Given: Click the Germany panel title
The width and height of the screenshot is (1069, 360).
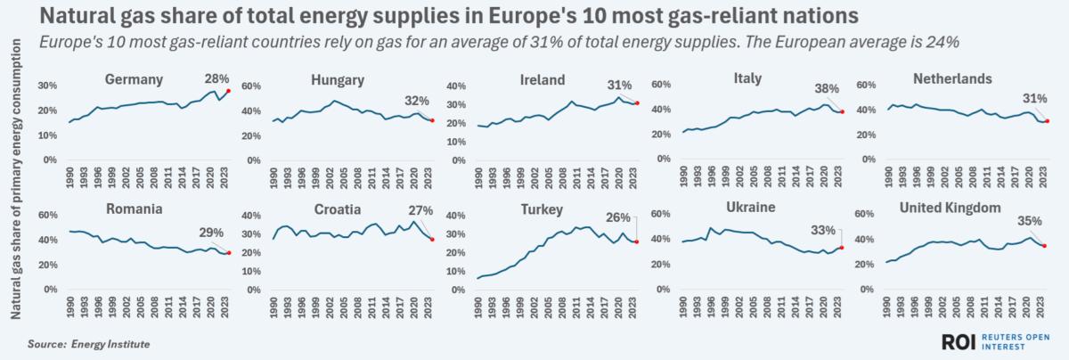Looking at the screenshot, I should (x=134, y=79).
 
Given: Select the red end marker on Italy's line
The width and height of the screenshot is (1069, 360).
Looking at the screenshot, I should (x=842, y=111).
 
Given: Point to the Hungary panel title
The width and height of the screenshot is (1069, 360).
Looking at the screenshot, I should (x=336, y=80).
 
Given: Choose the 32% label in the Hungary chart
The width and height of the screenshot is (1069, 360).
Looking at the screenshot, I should (x=416, y=101).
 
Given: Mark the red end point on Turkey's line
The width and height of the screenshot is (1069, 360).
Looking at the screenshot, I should (x=636, y=241).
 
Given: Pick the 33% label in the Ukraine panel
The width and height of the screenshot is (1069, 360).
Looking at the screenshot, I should (x=820, y=229).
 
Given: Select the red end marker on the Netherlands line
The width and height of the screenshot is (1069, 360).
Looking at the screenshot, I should (x=1048, y=121).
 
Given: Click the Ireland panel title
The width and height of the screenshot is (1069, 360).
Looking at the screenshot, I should (x=542, y=80).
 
